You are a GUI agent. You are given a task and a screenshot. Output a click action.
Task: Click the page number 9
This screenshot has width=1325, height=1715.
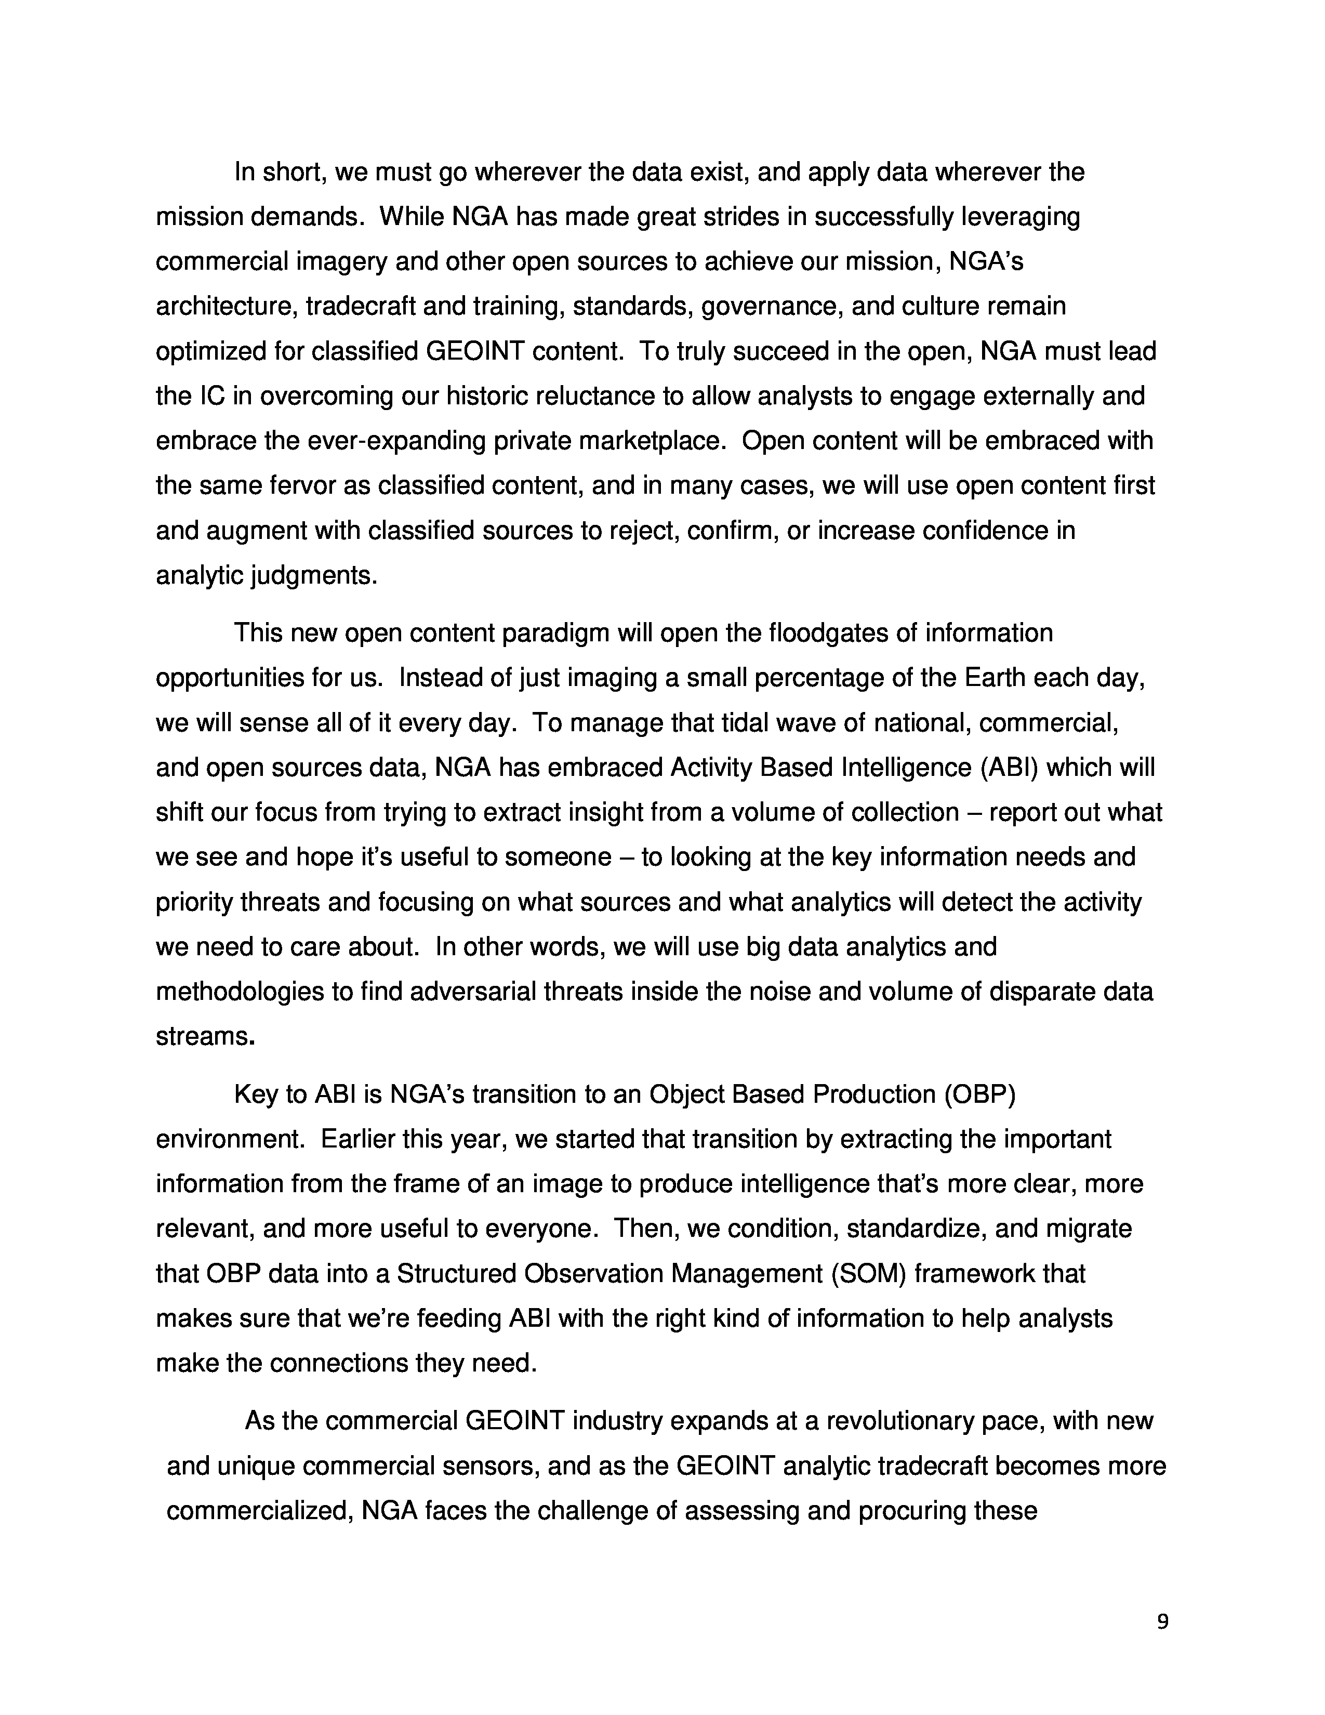(x=1162, y=1620)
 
